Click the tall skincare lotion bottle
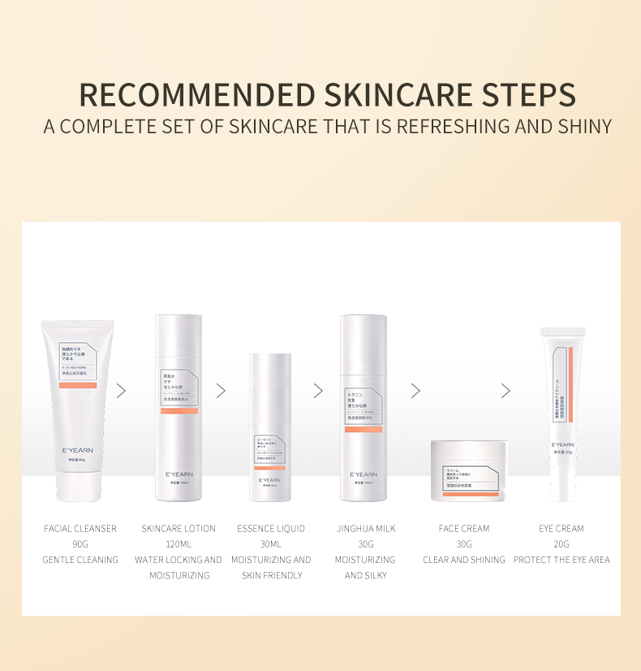pyautogui.click(x=179, y=406)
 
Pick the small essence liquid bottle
pyautogui.click(x=269, y=426)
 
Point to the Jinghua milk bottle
pyautogui.click(x=363, y=406)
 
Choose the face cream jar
pyautogui.click(x=468, y=470)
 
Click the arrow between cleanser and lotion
pyautogui.click(x=122, y=391)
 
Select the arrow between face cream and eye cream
pyautogui.click(x=505, y=391)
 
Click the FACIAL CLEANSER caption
pyautogui.click(x=80, y=528)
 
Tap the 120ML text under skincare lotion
pyautogui.click(x=179, y=544)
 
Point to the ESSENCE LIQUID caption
pyautogui.click(x=271, y=528)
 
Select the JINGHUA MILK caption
pyautogui.click(x=366, y=528)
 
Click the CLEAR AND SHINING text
pyautogui.click(x=464, y=560)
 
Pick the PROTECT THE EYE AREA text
pyautogui.click(x=561, y=560)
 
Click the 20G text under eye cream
pyautogui.click(x=561, y=544)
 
